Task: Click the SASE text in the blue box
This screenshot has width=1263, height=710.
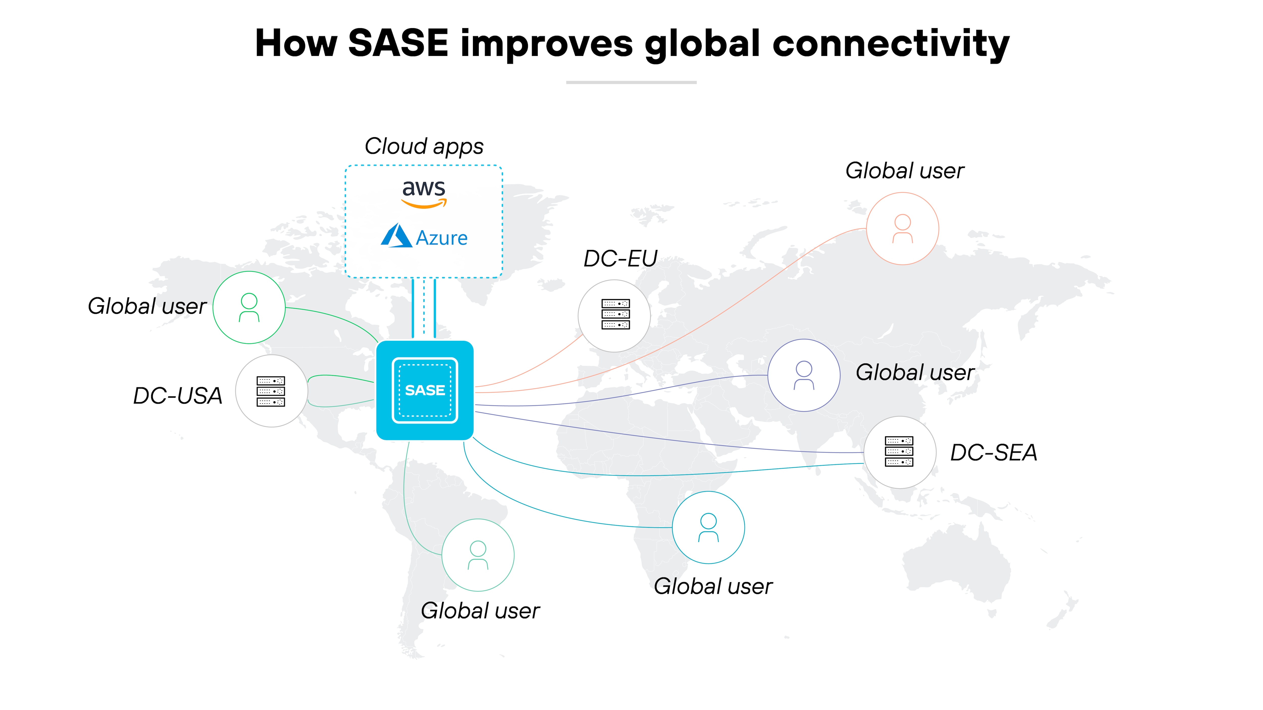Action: click(x=425, y=390)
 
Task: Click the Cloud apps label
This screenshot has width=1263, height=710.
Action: click(x=424, y=146)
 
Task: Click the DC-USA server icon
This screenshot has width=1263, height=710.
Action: click(x=271, y=391)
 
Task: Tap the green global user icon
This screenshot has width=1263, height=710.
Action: click(x=249, y=307)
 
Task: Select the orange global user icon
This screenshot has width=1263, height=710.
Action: click(x=902, y=229)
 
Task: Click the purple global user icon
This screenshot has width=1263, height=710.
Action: click(x=804, y=375)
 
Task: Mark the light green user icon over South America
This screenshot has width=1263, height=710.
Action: click(x=478, y=555)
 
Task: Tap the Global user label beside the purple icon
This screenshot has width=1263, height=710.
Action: click(x=915, y=372)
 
